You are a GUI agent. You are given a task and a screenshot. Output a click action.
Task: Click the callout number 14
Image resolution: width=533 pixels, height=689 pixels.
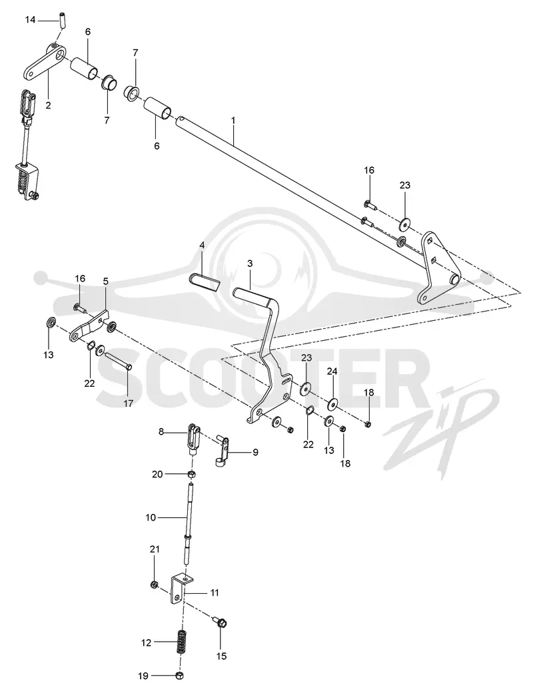coord(30,20)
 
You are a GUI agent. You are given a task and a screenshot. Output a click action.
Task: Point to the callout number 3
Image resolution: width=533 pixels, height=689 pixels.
coord(250,264)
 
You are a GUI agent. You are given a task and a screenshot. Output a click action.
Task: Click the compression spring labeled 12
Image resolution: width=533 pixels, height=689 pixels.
coord(181,642)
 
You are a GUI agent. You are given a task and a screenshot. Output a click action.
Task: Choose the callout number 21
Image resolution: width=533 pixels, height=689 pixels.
coord(155,549)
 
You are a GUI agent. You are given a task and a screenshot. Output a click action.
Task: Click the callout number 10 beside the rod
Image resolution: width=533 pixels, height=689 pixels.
coord(151,518)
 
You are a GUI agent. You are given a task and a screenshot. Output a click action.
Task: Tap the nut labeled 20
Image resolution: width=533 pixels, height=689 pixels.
coord(191,474)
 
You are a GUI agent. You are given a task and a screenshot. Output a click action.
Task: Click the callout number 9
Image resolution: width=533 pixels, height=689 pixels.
coord(255,452)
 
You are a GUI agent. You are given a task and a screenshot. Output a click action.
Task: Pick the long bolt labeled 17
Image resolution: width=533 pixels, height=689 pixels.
coord(117,361)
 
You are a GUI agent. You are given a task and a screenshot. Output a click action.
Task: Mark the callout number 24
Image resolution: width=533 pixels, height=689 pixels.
coord(332,371)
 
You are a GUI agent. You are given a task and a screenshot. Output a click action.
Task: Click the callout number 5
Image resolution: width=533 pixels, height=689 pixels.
coord(105,281)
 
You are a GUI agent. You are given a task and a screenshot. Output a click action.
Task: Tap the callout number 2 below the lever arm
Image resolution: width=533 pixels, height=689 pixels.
coord(48,105)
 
